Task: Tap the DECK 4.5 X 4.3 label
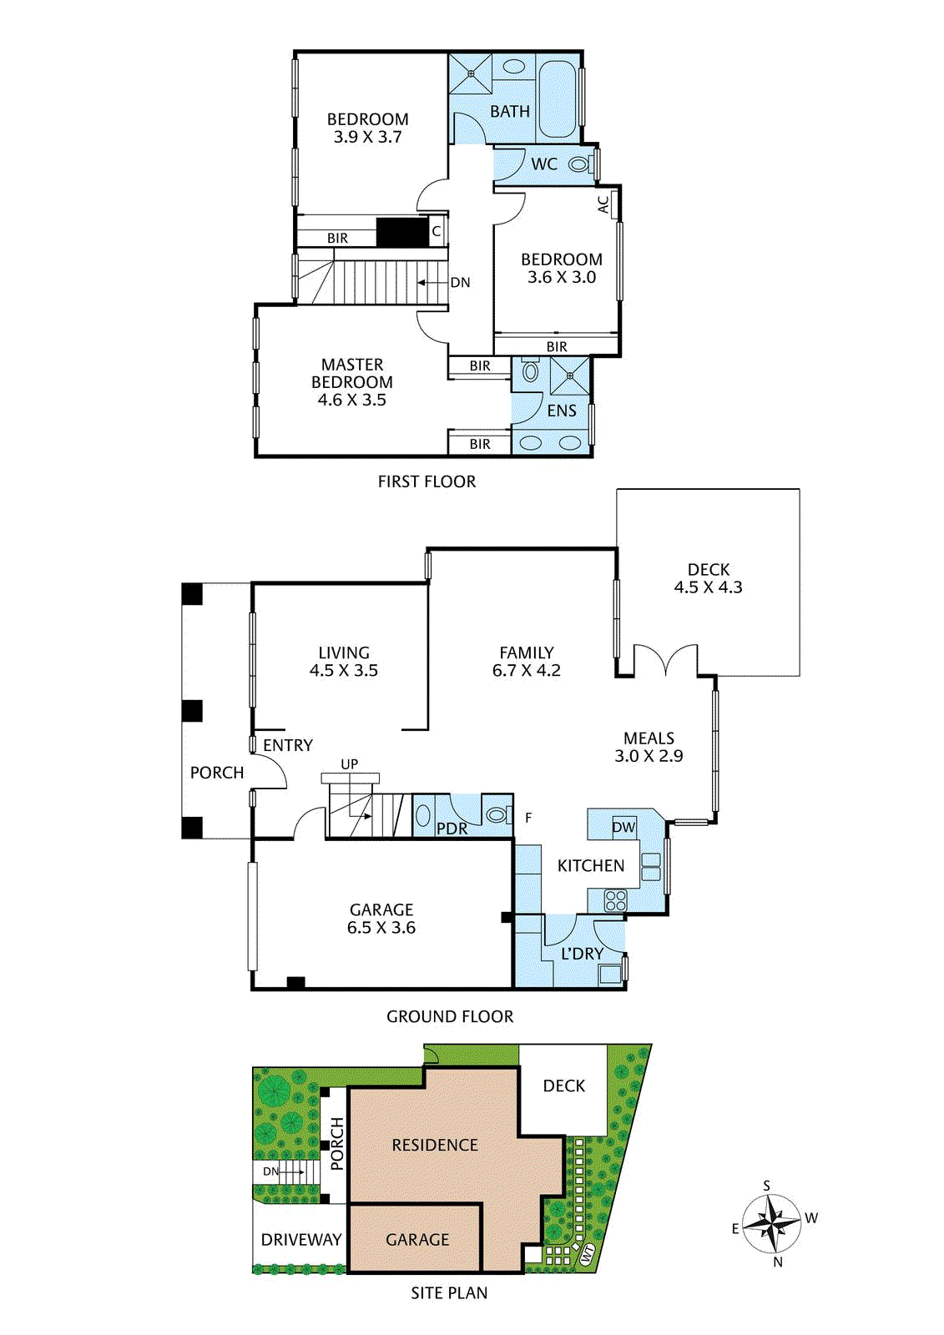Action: click(708, 578)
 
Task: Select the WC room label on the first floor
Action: click(544, 164)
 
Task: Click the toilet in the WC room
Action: click(579, 164)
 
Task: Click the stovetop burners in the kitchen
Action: click(615, 899)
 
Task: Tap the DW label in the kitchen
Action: click(623, 827)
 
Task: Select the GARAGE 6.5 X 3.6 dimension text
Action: click(381, 919)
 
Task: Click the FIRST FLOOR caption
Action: click(427, 481)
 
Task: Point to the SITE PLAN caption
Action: click(449, 1292)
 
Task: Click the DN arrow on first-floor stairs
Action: click(432, 283)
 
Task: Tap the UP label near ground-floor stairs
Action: click(349, 764)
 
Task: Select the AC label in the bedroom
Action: click(603, 204)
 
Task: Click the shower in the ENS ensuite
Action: click(570, 375)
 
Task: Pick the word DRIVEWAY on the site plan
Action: click(301, 1240)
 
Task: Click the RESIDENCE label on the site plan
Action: click(435, 1146)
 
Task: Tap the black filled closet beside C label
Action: click(401, 232)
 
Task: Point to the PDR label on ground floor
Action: click(452, 829)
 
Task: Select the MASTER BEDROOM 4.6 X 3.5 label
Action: click(352, 382)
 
